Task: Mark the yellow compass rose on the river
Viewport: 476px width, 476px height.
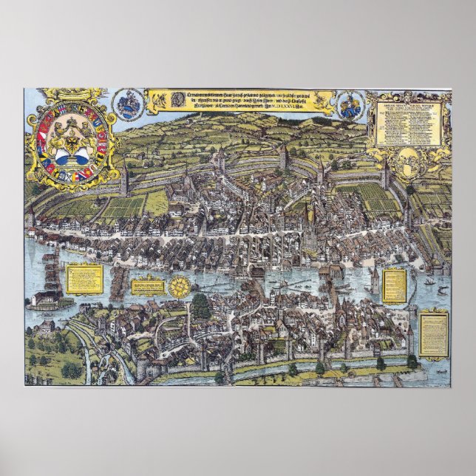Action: (x=180, y=285)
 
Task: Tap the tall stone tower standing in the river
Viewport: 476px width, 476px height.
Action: (x=374, y=281)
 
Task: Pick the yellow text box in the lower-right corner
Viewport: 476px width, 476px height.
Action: (x=434, y=333)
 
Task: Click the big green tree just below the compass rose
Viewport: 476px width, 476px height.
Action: (x=200, y=305)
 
